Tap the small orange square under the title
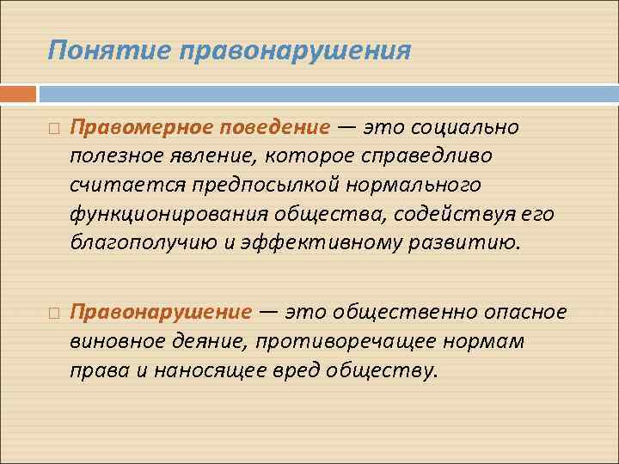coord(18,93)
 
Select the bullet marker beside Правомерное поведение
coord(54,129)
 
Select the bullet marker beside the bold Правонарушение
coord(54,311)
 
